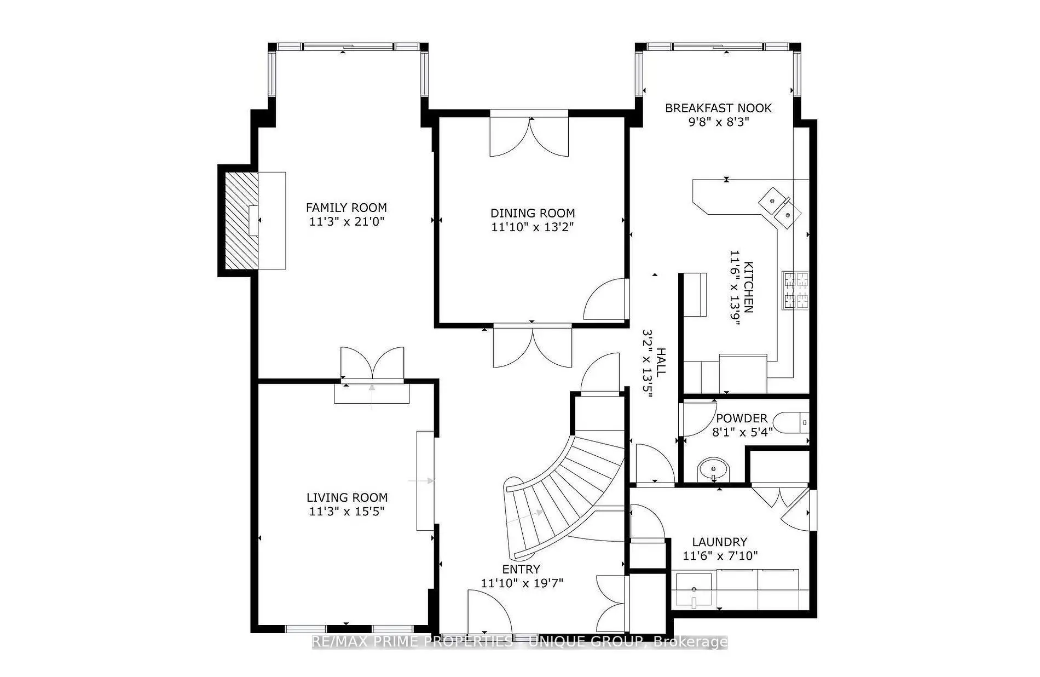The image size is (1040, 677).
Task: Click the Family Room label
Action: [346, 208]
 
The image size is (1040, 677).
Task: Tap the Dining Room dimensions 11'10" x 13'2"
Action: [532, 227]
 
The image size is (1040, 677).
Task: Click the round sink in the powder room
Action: [713, 470]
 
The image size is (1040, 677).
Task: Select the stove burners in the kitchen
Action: [796, 290]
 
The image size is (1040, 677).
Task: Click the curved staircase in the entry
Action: [558, 493]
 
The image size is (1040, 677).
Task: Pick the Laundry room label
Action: [719, 542]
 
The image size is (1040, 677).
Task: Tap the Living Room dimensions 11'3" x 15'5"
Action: [346, 512]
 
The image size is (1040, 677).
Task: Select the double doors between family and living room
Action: [372, 363]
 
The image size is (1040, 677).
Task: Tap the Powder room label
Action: [742, 418]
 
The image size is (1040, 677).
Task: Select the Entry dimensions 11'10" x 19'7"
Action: [522, 583]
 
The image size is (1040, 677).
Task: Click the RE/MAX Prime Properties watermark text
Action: [520, 642]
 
